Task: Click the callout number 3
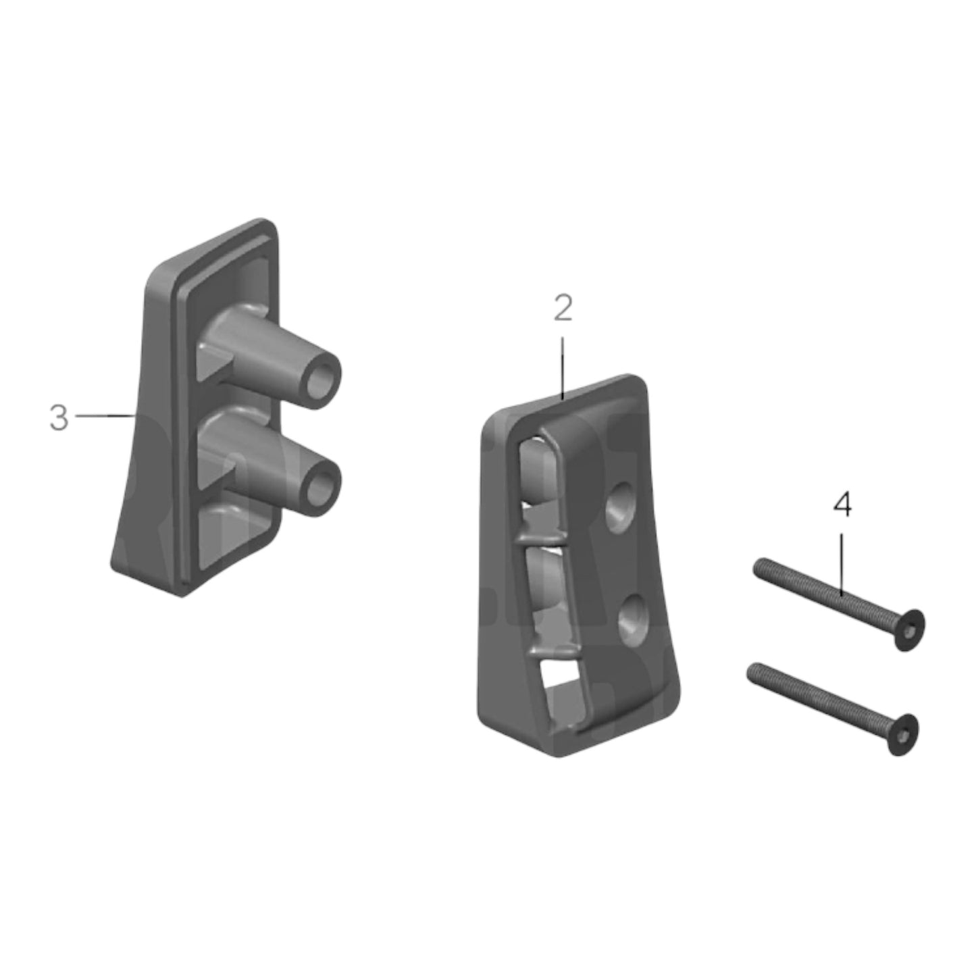tap(59, 418)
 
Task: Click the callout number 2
tap(562, 309)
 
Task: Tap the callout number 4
tap(842, 505)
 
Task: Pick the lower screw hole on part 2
tap(633, 614)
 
